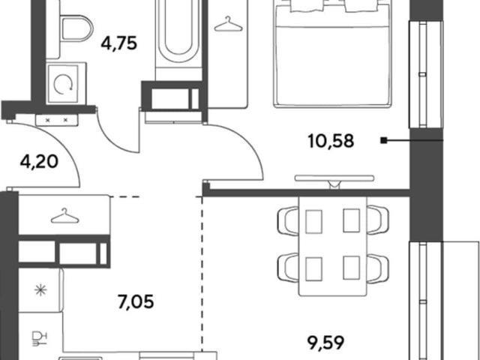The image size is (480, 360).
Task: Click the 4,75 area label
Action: pos(118,43)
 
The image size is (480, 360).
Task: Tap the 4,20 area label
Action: pos(39,161)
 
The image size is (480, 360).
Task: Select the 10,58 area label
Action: pos(331,141)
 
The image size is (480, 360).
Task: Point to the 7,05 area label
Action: pos(136,301)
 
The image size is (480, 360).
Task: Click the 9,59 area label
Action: pos(326,343)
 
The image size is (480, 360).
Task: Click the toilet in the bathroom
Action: pos(76,29)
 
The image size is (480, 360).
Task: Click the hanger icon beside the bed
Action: pos(228,25)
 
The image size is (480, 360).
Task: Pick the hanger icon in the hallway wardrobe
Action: pos(64,216)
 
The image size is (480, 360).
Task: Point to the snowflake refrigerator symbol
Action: pos(40,290)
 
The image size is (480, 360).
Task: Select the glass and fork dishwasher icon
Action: pos(40,338)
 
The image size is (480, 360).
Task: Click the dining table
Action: pos(333,246)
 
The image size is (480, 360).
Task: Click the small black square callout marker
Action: pos(383,140)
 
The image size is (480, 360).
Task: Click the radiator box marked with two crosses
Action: pos(57,120)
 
